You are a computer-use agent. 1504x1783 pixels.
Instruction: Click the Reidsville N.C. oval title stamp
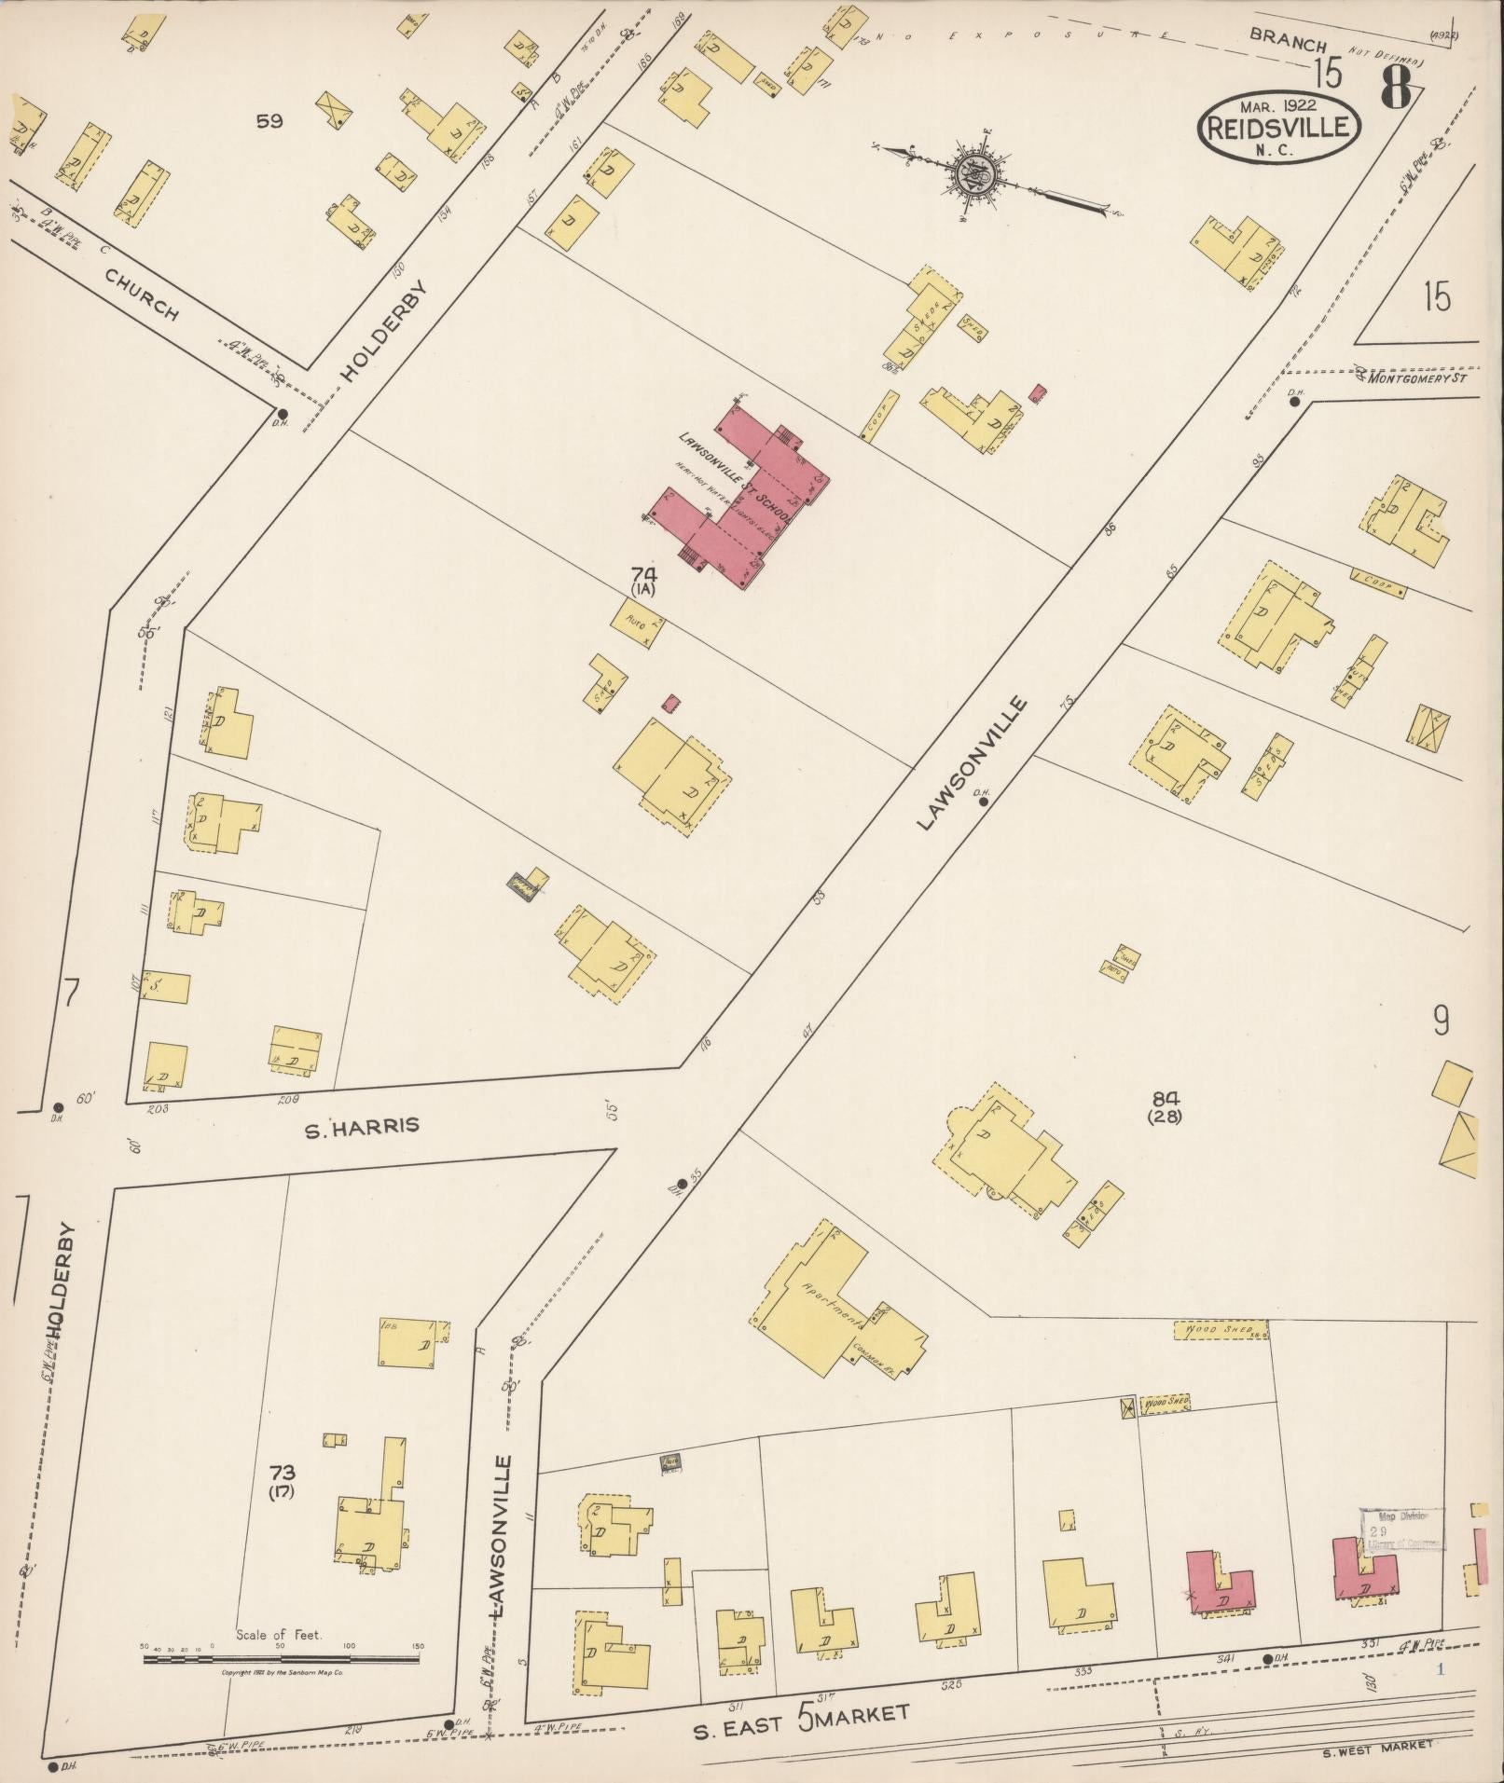pos(1278,129)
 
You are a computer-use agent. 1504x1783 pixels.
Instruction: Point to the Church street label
pos(143,295)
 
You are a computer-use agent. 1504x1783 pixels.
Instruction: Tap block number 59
pos(270,121)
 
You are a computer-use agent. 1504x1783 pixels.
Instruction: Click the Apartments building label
pos(832,1305)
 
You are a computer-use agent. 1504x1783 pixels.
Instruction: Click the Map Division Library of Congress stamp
pos(1402,1529)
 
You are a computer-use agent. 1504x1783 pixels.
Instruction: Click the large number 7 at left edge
pos(70,994)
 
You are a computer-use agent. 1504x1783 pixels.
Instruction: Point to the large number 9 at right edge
pos(1441,1022)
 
